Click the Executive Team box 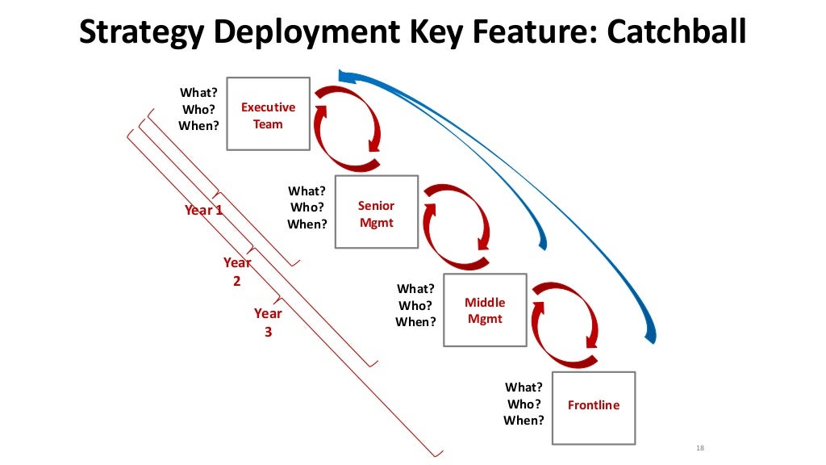[x=269, y=114]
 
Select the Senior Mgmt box [x=376, y=212]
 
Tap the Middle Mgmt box [x=485, y=310]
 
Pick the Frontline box [x=594, y=408]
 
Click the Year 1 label [x=203, y=210]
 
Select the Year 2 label [x=237, y=271]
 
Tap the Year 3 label [x=268, y=322]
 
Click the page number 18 [x=699, y=448]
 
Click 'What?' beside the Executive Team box [x=198, y=92]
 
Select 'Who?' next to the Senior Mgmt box [x=307, y=207]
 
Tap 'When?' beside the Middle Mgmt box [x=415, y=322]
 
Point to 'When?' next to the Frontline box [x=524, y=420]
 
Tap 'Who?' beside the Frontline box [x=524, y=404]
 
